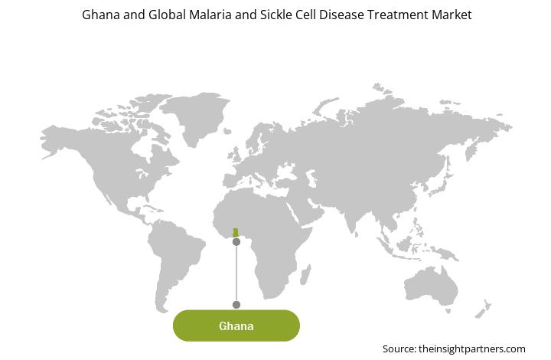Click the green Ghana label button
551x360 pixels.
(236, 326)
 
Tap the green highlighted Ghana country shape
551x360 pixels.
(236, 233)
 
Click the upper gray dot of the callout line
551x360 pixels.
(236, 242)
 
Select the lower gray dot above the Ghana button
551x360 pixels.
(236, 305)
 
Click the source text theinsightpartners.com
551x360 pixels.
(472, 349)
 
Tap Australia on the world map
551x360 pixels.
(431, 286)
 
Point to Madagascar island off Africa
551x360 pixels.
(305, 275)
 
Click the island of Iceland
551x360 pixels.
(227, 131)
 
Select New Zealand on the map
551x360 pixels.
(483, 309)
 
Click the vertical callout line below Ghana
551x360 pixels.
(236, 273)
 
